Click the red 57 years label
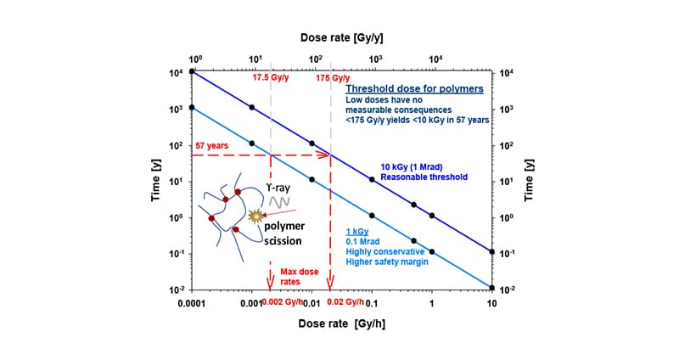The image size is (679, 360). coord(212,146)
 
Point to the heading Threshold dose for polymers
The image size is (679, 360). coord(414,88)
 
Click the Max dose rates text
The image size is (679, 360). coord(298,278)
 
